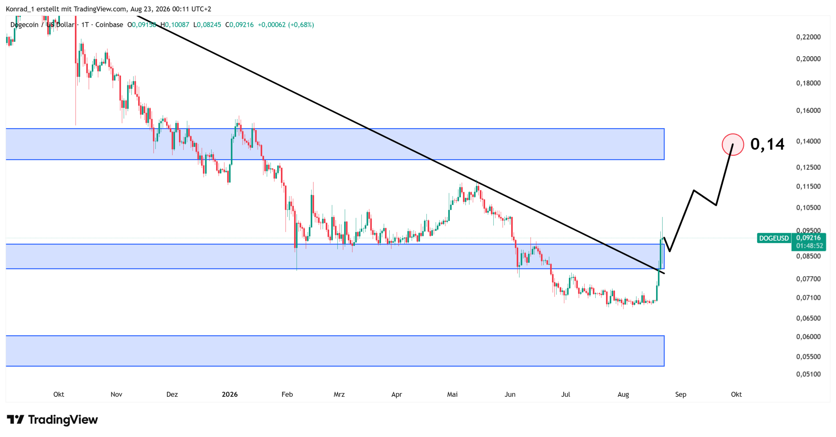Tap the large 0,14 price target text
pos(767,144)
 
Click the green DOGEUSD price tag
pos(773,238)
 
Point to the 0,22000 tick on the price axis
pos(808,37)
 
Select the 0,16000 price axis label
pos(808,110)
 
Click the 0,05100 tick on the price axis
pos(808,374)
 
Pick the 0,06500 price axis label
pos(808,318)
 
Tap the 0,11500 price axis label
pos(808,186)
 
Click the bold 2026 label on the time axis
pos(230,394)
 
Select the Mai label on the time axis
pos(452,394)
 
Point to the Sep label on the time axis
pos(681,394)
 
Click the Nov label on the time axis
pos(116,394)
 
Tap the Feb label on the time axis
pos(287,394)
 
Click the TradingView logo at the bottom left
pos(52,419)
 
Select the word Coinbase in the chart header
pos(109,25)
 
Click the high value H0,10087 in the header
pos(175,25)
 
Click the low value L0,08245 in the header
pos(207,25)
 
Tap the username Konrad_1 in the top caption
pos(20,9)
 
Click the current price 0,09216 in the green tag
pos(808,238)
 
